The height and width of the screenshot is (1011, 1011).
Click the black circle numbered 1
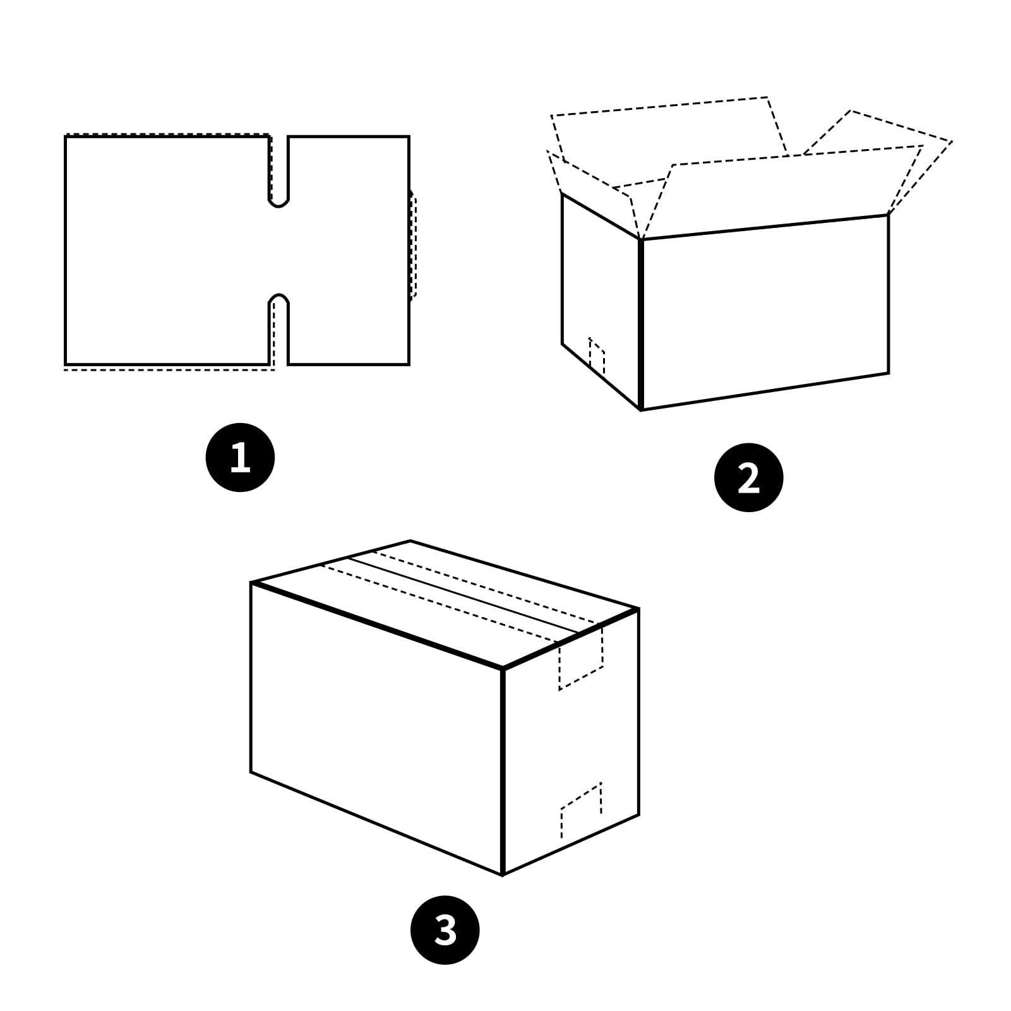point(240,457)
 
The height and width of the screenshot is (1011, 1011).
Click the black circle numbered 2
point(748,477)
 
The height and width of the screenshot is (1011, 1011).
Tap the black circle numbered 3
point(445,930)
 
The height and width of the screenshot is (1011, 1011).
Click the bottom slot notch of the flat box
point(278,328)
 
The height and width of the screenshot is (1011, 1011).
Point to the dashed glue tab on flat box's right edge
point(413,246)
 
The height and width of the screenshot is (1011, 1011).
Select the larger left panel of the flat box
point(167,250)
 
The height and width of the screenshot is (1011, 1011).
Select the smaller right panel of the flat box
point(349,250)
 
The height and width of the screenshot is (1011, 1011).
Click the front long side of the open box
point(764,313)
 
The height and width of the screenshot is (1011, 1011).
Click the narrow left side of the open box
point(600,297)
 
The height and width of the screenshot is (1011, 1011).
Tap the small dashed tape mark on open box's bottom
point(597,357)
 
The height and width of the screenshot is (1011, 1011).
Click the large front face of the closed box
point(376,726)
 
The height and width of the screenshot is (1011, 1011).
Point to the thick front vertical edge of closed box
point(503,770)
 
